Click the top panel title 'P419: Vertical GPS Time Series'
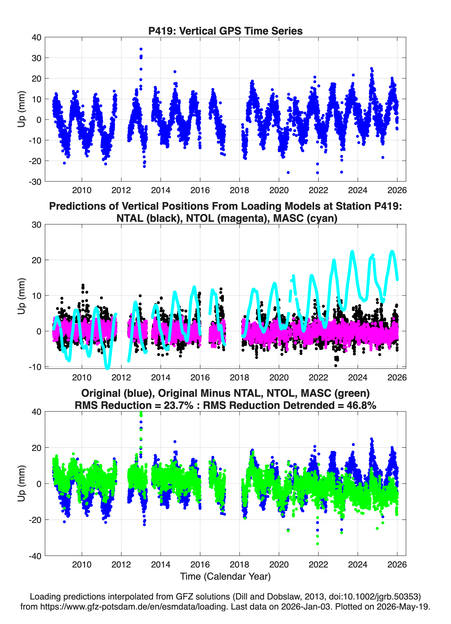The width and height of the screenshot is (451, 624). (x=225, y=31)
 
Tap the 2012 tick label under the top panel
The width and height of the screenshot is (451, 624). (x=121, y=190)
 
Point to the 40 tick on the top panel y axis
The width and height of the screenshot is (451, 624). (x=37, y=37)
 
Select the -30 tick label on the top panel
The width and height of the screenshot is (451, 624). (x=35, y=182)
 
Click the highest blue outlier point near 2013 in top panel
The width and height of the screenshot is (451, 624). (x=141, y=49)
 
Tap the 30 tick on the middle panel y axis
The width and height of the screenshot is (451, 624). (x=37, y=225)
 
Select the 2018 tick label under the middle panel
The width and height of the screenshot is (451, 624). (x=239, y=377)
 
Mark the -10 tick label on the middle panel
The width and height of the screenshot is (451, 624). (x=35, y=367)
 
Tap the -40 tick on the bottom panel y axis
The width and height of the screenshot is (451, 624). (x=35, y=556)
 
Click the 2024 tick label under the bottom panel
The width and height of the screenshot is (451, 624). (x=358, y=565)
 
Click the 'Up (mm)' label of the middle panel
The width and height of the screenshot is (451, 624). (x=22, y=296)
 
